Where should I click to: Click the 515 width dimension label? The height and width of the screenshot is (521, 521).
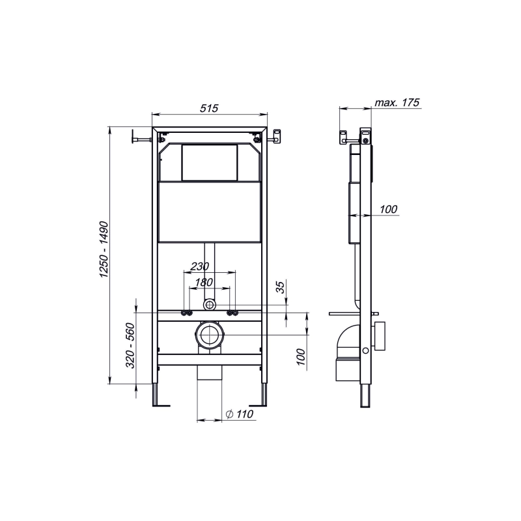click(x=209, y=108)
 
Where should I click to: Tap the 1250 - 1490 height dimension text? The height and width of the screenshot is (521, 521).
click(x=104, y=249)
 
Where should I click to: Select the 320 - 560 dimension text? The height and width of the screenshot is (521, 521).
click(x=130, y=346)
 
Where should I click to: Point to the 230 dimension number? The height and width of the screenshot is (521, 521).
click(x=200, y=266)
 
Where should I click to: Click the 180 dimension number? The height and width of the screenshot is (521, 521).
click(x=203, y=282)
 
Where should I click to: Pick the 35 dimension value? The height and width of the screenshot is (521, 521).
click(x=281, y=287)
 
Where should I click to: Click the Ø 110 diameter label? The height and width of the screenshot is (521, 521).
click(x=239, y=414)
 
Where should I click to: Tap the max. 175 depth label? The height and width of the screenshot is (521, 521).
click(x=397, y=103)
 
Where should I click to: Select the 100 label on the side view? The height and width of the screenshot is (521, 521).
click(x=388, y=209)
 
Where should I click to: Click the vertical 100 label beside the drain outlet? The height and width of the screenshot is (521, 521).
click(x=301, y=357)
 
